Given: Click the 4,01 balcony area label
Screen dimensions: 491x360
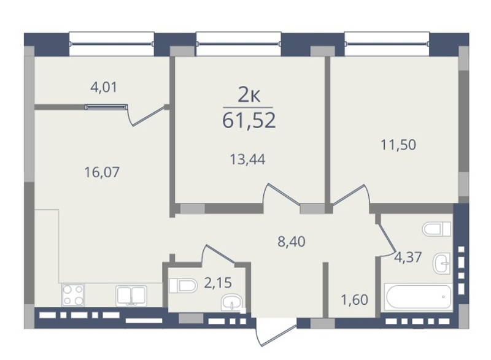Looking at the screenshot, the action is click(104, 87).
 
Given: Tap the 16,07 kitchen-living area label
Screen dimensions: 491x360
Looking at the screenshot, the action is click(102, 172).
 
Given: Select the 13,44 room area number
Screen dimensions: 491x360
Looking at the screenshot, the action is click(247, 159).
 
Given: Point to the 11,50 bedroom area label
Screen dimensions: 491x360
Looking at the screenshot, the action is click(398, 145).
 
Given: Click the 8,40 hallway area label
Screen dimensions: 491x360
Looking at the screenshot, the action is click(292, 242).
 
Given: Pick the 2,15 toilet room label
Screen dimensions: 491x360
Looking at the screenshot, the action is click(218, 283).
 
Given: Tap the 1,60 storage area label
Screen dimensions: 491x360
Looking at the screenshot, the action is click(355, 300).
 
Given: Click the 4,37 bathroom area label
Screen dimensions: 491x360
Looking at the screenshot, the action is click(408, 258).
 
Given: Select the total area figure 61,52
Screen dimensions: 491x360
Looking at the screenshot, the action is click(249, 120).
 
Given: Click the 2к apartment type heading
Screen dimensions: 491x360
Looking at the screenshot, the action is click(249, 96).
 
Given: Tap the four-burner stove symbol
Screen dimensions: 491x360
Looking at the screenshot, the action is click(73, 295).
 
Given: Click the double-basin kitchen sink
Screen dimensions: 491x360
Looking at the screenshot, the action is click(131, 296).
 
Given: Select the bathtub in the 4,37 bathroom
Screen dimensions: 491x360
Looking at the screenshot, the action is click(419, 297).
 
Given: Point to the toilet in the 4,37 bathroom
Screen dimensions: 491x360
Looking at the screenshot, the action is click(436, 229).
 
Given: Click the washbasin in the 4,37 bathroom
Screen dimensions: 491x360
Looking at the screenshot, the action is click(441, 263).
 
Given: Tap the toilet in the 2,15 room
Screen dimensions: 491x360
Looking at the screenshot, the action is click(183, 286).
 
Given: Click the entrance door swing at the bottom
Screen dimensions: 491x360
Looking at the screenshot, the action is click(276, 332).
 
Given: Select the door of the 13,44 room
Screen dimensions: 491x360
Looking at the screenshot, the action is click(282, 194).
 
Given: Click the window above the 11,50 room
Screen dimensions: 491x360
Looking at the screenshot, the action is click(387, 44).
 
